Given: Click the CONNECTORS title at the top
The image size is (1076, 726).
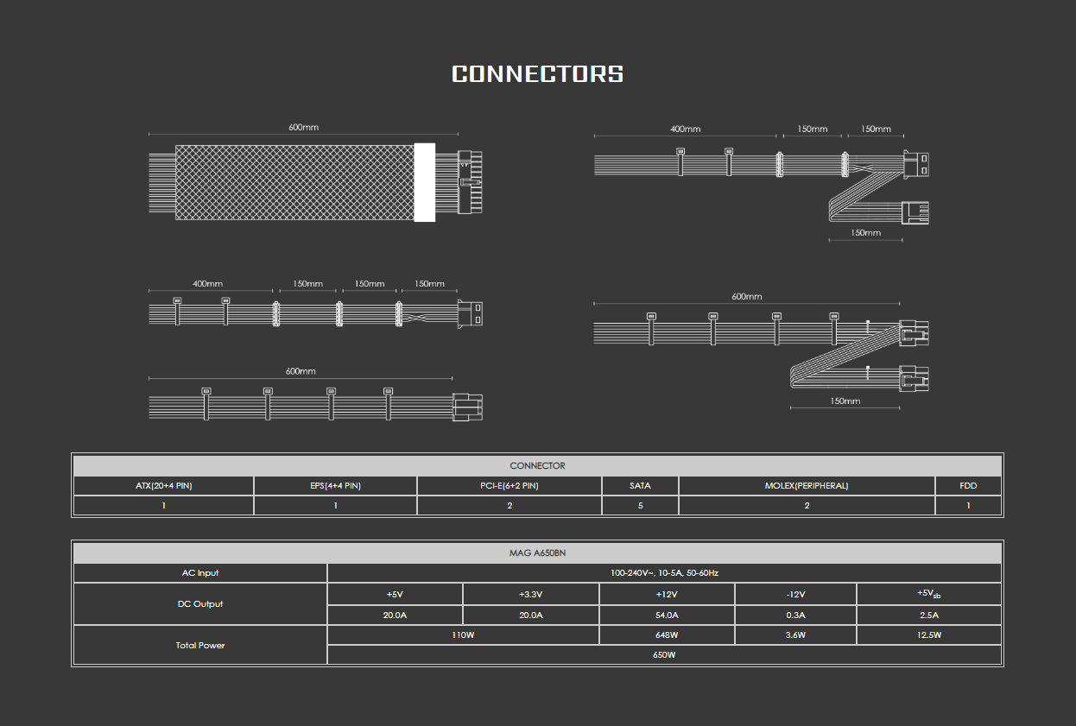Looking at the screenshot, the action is click(537, 74).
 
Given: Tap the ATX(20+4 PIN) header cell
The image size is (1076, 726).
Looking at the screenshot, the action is click(164, 485).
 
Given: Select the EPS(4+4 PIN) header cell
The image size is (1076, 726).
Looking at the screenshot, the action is click(335, 485).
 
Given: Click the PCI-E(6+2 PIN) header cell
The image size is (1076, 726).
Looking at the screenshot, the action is click(510, 485).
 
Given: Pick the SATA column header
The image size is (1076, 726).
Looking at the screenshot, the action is click(640, 485).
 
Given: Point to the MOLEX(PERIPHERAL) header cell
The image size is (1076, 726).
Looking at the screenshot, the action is click(807, 485).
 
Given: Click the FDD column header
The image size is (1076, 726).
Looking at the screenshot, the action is click(968, 485).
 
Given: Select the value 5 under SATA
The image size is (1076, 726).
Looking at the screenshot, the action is click(640, 505).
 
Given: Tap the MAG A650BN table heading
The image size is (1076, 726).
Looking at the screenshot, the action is click(537, 552).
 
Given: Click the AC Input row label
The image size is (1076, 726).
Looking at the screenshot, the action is click(200, 573).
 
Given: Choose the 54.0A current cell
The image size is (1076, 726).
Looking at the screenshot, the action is click(667, 616).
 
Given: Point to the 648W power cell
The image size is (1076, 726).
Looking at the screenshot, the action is click(667, 634).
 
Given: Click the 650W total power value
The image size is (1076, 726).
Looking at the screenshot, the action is click(664, 654).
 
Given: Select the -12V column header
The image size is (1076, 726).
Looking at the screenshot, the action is click(795, 594).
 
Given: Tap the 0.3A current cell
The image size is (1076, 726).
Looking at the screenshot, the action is click(795, 616).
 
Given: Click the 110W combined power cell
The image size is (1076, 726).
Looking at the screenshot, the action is click(463, 634).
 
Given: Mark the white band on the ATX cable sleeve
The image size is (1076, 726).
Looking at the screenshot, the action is click(425, 182).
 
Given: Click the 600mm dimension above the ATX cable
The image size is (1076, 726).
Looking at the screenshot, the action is click(304, 127).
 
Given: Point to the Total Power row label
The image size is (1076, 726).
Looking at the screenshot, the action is click(200, 645).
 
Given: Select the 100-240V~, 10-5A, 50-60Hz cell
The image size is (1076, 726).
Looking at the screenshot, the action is click(664, 573).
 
